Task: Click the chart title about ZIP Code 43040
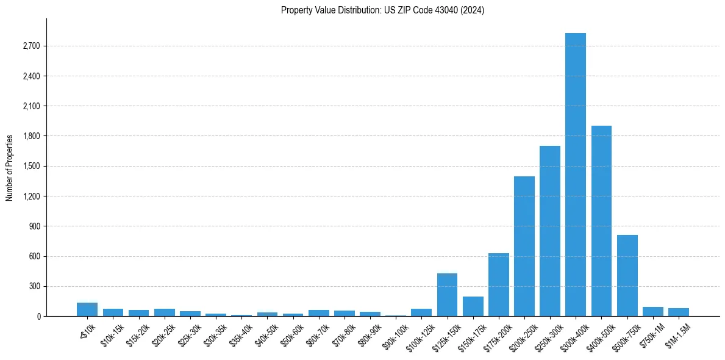382,10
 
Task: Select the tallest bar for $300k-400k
575,175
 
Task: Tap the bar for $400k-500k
601,221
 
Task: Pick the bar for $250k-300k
549,231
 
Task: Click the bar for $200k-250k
524,246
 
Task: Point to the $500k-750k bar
627,275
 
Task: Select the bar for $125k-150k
447,295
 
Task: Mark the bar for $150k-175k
473,306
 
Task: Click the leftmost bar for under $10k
87,309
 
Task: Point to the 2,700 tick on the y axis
30,46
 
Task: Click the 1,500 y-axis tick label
30,167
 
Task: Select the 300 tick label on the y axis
34,286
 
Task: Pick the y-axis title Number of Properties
10,168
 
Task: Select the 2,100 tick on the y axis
30,106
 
